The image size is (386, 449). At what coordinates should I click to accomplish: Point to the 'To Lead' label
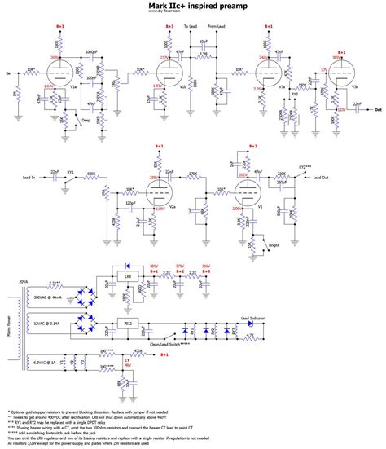click(x=191, y=28)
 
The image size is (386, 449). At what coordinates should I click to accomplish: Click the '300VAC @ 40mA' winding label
click(x=52, y=299)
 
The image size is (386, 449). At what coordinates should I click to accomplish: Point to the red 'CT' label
click(x=126, y=359)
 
